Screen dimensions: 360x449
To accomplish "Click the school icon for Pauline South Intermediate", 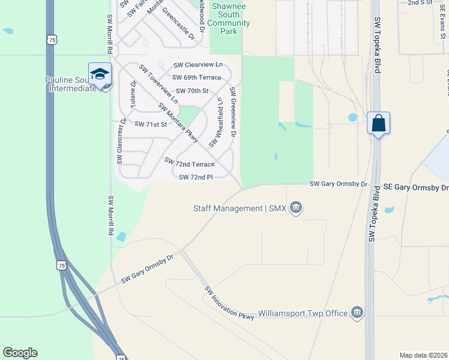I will [x=100, y=74].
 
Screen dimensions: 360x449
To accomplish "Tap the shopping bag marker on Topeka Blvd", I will [x=378, y=124].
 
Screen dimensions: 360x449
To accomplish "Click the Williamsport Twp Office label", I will [x=303, y=313].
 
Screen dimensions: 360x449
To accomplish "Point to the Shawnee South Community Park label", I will [x=225, y=23].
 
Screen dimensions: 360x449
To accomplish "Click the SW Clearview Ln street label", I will [x=198, y=65].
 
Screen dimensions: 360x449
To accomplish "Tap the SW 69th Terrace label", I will [x=197, y=77].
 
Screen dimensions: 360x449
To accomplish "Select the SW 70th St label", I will [x=192, y=91].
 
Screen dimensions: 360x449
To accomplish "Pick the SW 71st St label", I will [x=150, y=124].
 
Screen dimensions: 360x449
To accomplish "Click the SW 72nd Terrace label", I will [x=190, y=163].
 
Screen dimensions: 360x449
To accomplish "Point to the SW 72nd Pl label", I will [x=196, y=177].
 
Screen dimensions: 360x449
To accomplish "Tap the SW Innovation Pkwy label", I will [x=229, y=302].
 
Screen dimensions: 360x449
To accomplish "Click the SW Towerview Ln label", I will [x=158, y=84].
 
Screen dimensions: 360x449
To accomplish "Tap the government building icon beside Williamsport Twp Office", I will [x=357, y=312].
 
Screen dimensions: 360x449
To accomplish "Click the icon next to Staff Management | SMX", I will [x=295, y=208].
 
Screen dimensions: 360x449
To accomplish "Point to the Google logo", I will [x=20, y=352].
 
